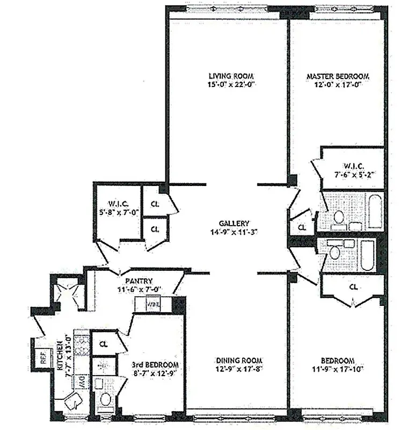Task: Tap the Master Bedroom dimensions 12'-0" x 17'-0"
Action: pos(338,85)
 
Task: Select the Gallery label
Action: pos(235,223)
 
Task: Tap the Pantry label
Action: pos(139,281)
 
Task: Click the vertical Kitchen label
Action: pos(61,355)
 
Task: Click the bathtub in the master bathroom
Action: pos(375,211)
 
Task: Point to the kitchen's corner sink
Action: pos(72,400)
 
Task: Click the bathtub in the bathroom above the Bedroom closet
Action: pos(368,255)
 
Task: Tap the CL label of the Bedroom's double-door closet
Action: pos(353,287)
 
